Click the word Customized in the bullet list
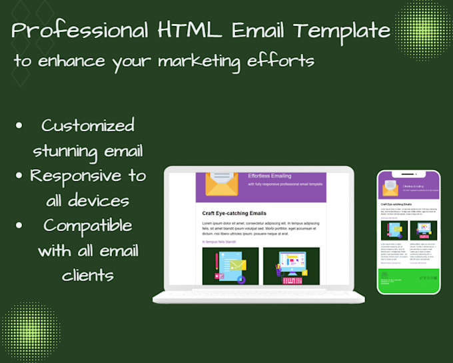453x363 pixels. pos(87,125)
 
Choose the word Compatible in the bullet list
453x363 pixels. pos(88,225)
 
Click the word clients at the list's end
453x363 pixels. pos(88,274)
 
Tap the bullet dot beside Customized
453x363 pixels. pos(19,126)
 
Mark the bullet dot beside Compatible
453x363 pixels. pos(19,226)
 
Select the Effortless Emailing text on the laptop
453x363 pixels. pos(269,177)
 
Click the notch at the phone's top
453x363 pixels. pos(408,174)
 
